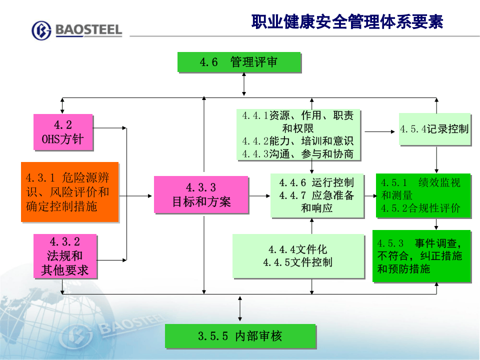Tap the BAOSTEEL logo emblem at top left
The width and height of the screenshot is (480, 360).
point(41,30)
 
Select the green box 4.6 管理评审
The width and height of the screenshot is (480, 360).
point(239,62)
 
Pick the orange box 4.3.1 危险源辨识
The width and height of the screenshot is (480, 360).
point(69,191)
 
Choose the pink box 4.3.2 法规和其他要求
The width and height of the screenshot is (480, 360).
point(64,256)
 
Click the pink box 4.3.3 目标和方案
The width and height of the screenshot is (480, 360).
point(201,195)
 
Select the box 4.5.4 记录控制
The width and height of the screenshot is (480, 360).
point(434,129)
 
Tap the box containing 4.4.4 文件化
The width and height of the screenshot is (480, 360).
point(297,255)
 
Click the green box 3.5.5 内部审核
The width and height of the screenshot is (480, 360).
point(240,335)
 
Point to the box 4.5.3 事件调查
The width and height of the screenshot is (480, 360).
point(421,256)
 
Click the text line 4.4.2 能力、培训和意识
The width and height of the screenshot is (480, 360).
point(297,141)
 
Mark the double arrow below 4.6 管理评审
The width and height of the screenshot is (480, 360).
point(244,83)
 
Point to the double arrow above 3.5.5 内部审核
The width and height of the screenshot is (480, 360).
point(240,308)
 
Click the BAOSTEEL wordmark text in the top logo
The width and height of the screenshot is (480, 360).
point(88,30)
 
